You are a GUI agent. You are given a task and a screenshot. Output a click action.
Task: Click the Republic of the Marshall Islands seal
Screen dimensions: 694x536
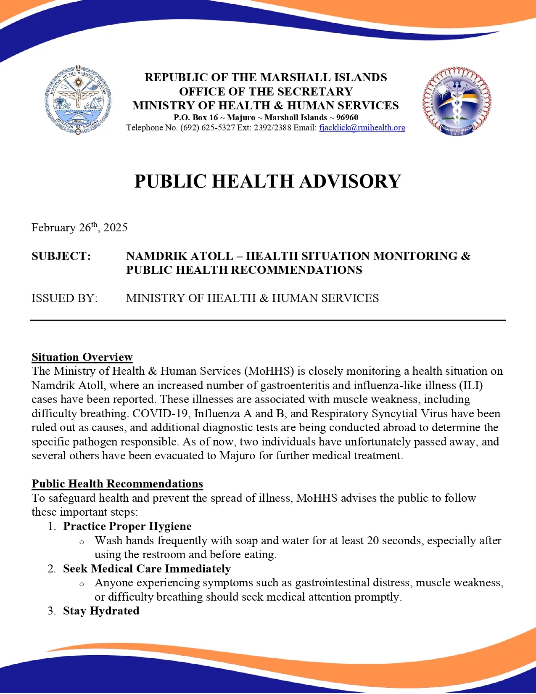click(78, 100)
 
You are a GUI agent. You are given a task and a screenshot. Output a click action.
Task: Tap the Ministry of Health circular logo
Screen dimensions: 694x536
click(457, 101)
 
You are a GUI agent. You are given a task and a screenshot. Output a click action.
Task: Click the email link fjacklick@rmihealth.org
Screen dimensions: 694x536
click(362, 128)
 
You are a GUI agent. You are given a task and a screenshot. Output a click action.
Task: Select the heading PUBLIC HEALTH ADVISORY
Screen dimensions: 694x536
click(268, 181)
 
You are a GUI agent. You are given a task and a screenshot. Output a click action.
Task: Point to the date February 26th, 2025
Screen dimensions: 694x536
click(79, 228)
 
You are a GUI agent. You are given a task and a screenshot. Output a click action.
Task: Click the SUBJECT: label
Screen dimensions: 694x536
click(61, 256)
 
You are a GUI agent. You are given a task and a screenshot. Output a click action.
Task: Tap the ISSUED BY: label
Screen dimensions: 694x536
click(64, 298)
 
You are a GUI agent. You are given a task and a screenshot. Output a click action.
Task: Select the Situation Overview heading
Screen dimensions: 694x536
click(82, 357)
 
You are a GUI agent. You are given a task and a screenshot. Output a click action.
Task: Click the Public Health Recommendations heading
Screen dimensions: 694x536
click(117, 484)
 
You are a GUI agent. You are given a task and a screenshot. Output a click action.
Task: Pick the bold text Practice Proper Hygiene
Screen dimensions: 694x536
click(127, 526)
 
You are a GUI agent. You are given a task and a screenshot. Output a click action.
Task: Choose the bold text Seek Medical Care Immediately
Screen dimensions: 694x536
click(147, 569)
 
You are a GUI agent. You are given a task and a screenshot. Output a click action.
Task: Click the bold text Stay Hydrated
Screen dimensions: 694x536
click(101, 611)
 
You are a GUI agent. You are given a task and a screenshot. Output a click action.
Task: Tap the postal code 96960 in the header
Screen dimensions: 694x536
click(347, 118)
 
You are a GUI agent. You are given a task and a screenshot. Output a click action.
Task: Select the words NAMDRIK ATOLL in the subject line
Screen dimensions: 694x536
click(180, 256)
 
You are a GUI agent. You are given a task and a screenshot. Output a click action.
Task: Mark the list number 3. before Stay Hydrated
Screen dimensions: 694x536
click(52, 611)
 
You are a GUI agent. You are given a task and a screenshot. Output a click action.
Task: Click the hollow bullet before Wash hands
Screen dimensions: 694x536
click(82, 542)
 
